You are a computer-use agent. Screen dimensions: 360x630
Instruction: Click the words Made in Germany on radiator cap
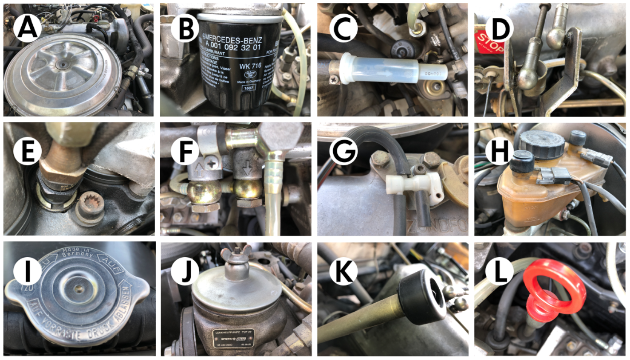(78, 254)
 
